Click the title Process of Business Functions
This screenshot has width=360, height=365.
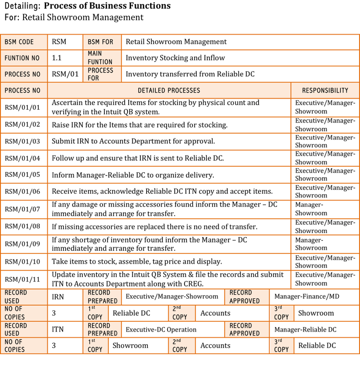107,6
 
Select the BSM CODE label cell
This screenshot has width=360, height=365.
19,42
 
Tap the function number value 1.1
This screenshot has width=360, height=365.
57,58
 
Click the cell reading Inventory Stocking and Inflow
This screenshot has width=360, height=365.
175,58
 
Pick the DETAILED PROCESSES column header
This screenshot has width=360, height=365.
169,91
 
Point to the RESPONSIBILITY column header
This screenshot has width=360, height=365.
325,91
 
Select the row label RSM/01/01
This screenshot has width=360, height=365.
22,107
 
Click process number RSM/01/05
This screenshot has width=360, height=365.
22,175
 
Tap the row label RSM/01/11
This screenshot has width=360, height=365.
22,279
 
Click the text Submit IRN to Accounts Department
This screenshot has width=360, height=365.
133,141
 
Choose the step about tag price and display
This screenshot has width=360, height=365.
137,262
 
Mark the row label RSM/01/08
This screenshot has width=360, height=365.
22,227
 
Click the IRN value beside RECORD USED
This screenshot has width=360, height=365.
58,297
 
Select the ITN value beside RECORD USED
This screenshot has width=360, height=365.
58,330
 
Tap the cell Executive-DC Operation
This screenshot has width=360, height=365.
161,330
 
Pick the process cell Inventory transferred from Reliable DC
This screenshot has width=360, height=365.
190,74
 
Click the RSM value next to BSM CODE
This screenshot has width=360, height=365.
59,42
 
